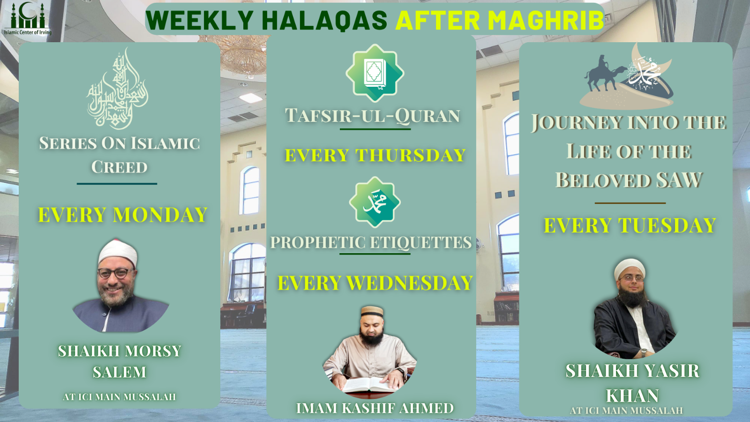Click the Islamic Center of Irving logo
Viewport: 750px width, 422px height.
point(28,18)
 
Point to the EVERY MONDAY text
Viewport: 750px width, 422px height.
point(122,215)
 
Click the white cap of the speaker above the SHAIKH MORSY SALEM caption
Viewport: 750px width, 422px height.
point(118,253)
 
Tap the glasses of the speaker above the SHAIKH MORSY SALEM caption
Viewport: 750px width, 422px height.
point(115,273)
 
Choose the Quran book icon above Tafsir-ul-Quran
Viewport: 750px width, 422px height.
point(375,73)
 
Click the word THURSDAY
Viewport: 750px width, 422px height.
point(410,155)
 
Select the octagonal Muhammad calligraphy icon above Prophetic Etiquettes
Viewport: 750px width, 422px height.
point(375,203)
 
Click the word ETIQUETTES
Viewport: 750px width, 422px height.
point(419,242)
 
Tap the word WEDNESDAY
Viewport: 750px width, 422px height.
point(409,283)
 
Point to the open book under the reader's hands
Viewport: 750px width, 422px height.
point(369,385)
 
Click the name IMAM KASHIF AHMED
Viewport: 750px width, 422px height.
point(375,408)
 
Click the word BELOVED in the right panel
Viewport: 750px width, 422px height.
point(603,180)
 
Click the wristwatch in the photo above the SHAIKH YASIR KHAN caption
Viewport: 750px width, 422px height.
point(643,352)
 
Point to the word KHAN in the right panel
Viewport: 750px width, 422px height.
point(632,395)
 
